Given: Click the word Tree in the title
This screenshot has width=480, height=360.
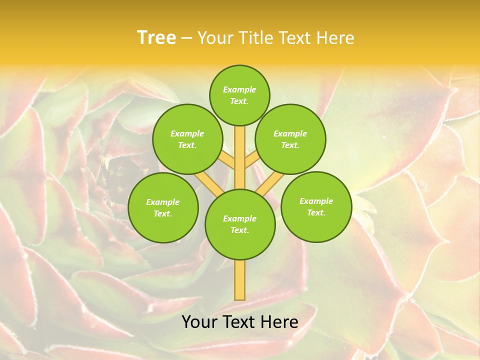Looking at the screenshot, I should coord(156,37).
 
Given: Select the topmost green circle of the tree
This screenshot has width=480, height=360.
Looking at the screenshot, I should coord(239,95).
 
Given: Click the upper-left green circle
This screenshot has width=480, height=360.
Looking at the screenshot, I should coord(187,139).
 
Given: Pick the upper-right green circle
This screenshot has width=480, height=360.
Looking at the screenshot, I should coord(290,139).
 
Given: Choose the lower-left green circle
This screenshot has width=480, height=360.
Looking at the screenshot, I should coord(162,207).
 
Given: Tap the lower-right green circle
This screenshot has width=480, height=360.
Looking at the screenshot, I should coord(316,206).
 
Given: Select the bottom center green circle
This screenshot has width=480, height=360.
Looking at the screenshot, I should coord(239,224).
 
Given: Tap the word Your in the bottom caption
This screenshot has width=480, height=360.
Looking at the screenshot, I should coord(198,322).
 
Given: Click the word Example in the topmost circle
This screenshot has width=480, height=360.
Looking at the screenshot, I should coord(239,89).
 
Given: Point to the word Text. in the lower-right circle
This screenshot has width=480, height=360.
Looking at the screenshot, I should coord(316,212).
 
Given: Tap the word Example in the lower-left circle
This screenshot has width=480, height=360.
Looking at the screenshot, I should coord(162,202).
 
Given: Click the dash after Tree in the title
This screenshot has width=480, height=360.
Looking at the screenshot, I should coord(186,38).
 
